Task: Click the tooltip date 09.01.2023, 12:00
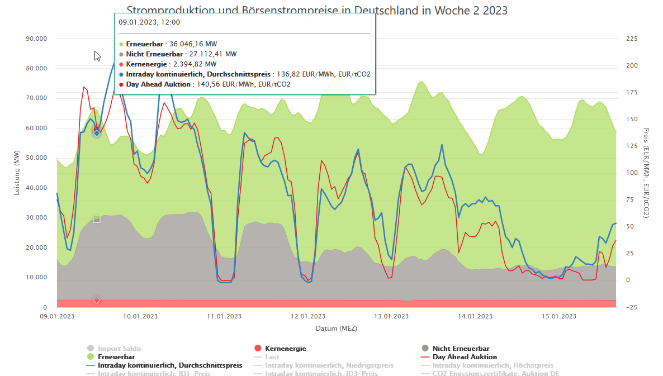(149, 22)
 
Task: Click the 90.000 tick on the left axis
(36, 39)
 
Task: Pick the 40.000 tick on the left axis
(36, 188)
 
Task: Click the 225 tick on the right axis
(631, 39)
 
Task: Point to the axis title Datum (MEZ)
(336, 329)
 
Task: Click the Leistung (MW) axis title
(17, 173)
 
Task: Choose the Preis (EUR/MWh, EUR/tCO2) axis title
(647, 173)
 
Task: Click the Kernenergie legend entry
(285, 349)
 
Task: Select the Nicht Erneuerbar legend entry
(461, 349)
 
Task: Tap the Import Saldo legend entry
(119, 349)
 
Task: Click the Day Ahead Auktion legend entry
(465, 357)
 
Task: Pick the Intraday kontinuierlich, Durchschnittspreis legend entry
(170, 365)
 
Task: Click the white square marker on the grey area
(97, 219)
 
